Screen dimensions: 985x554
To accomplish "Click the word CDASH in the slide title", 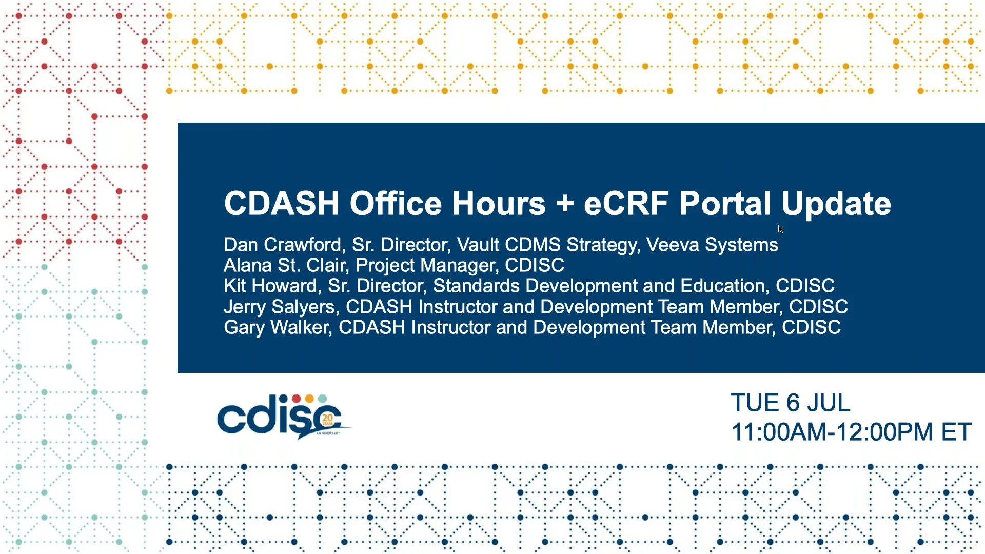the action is coord(282,203).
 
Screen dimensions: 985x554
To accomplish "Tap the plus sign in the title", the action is coord(565,204).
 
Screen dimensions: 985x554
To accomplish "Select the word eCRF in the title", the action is coord(626,203).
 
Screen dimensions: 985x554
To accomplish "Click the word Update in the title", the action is coord(836,205).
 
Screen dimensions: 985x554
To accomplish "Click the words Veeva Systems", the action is coord(712,245).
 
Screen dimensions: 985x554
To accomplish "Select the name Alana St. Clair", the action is coord(285,265).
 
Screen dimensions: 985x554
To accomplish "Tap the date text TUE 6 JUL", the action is coord(791,403).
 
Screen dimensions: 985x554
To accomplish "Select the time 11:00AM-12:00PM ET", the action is coord(851,432).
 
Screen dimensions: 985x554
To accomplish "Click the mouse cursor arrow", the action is coord(780,229).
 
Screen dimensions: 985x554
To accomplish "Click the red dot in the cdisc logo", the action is coord(297,399).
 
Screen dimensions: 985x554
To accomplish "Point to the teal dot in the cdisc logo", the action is coord(322,399).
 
